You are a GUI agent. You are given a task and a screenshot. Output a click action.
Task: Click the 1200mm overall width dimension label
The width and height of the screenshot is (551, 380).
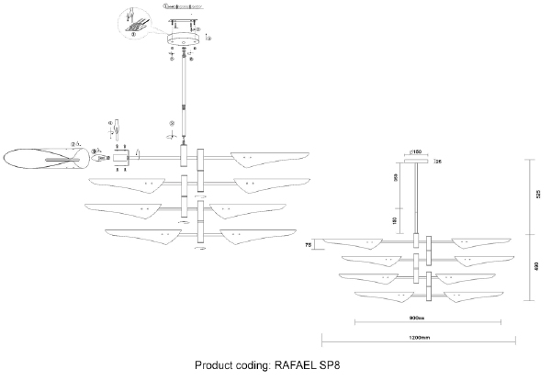tap(419, 338)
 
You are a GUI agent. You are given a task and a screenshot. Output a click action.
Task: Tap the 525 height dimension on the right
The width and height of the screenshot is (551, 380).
tap(535, 195)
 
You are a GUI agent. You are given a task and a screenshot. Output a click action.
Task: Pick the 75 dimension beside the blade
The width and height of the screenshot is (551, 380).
tap(310, 243)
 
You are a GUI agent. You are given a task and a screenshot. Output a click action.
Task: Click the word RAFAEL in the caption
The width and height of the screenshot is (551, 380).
tap(303, 364)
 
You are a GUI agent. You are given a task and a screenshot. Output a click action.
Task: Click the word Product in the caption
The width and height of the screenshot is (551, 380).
tap(221, 364)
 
